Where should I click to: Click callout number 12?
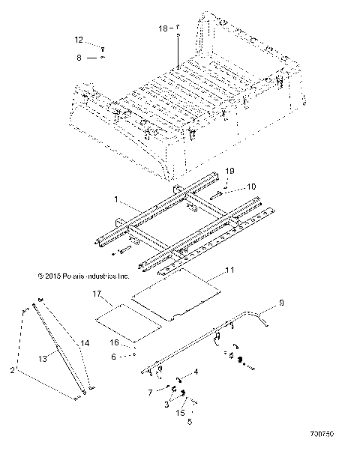click(79, 39)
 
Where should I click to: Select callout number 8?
click(79, 56)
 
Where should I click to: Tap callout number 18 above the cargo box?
click(163, 28)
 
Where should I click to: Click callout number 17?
click(95, 294)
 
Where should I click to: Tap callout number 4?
click(196, 371)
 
